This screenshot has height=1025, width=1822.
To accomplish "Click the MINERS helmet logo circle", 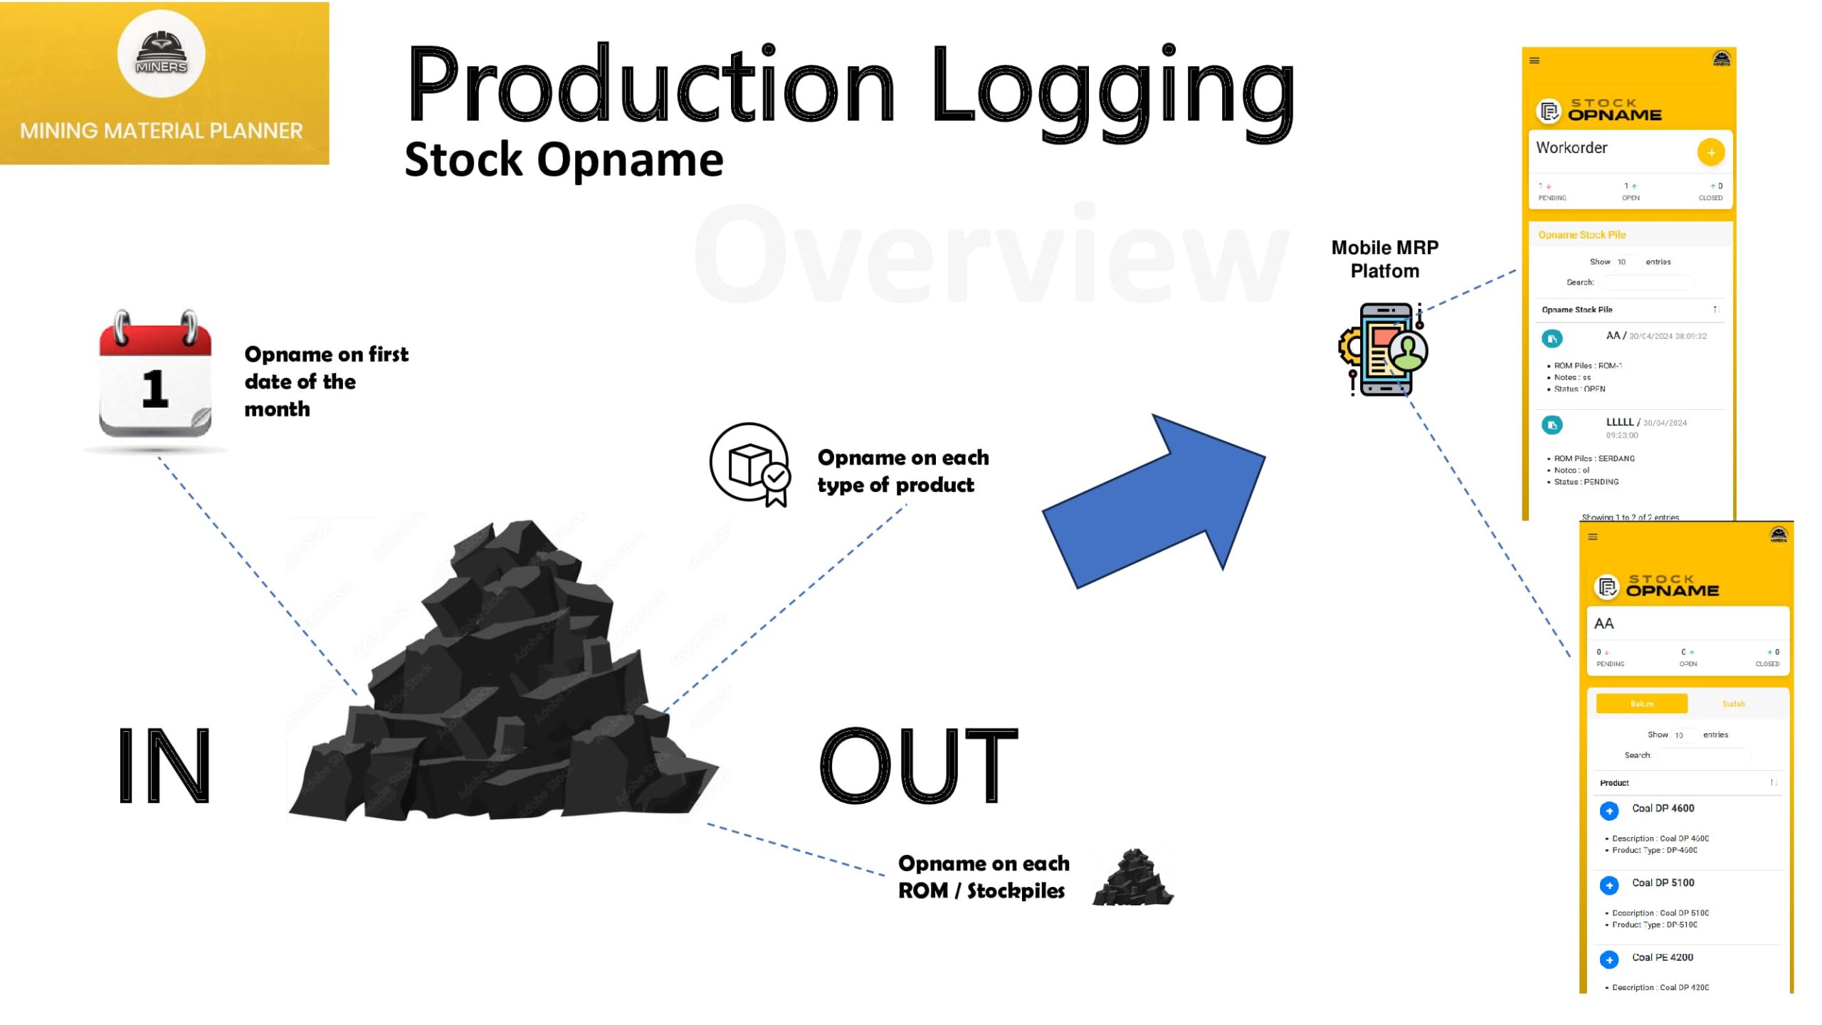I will point(161,54).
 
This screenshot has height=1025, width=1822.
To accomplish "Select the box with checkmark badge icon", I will point(752,464).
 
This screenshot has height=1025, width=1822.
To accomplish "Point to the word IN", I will point(164,766).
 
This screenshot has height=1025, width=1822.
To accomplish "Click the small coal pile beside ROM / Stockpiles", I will point(1132,878).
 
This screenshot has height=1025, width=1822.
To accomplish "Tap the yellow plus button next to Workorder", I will point(1710,152).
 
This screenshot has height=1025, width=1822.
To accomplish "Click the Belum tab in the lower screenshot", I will point(1641,703).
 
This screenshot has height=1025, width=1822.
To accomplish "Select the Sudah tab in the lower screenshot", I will point(1733,703).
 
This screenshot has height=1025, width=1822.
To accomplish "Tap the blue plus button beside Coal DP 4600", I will point(1608,811).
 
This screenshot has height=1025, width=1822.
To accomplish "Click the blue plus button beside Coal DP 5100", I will point(1608,885).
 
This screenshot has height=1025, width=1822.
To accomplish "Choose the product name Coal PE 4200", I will point(1662,957).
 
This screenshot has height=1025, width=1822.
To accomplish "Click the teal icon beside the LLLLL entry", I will point(1552,425).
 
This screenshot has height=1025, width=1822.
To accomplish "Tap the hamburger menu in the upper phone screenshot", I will point(1534,61).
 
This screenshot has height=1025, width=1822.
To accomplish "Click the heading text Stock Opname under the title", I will point(564,159).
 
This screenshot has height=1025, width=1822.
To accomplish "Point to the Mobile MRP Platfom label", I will point(1384,259).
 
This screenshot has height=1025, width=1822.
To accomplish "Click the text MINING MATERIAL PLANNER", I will point(162,131).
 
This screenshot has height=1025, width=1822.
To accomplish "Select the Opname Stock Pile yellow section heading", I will point(1581,235).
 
